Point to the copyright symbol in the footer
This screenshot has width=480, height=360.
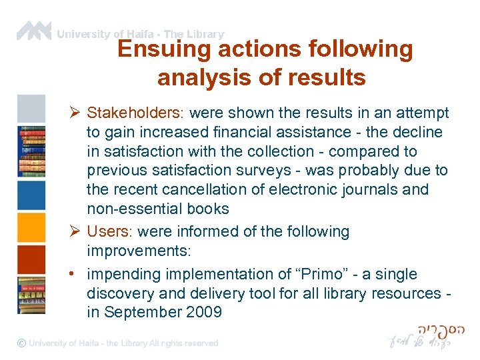[x=22, y=343]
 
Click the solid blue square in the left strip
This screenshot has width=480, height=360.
[x=31, y=195]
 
